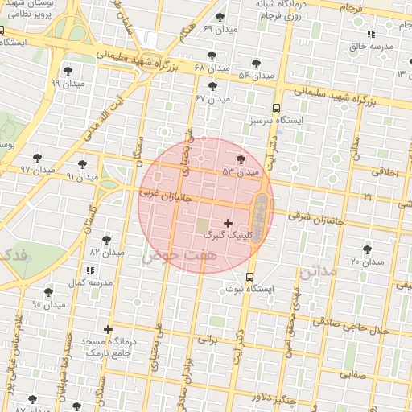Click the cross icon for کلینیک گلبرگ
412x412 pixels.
coord(228,223)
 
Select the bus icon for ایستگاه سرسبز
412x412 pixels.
coord(276,107)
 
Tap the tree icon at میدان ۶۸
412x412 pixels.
coord(212,56)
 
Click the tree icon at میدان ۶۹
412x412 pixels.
coord(220,17)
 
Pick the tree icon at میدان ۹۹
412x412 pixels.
coord(68,70)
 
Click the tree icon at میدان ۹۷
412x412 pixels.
coord(37,158)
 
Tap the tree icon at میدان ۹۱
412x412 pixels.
coord(83,164)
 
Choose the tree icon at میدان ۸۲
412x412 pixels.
coord(106,240)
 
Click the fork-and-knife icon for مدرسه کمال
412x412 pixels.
coord(89,269)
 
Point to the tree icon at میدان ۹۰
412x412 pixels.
coord(48,292)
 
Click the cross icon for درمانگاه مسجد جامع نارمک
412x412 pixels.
coord(108,329)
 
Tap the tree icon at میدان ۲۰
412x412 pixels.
coord(367,250)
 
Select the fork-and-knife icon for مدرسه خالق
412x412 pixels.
coord(370,35)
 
